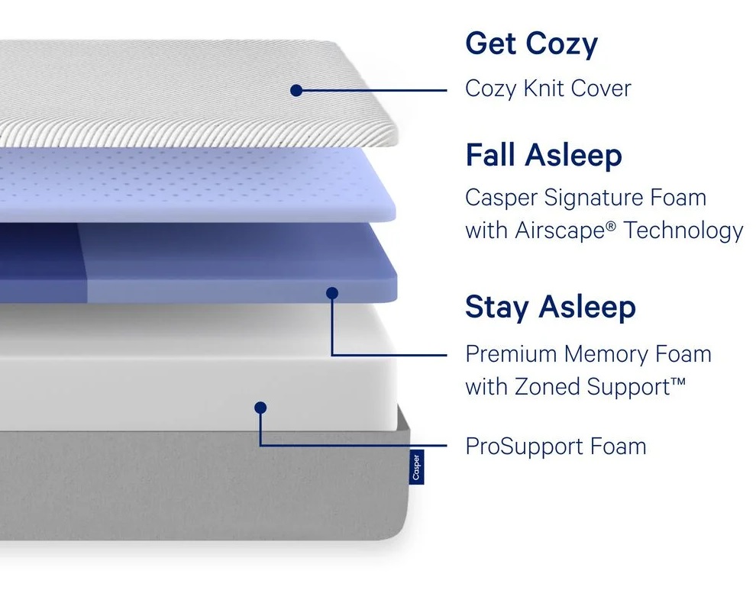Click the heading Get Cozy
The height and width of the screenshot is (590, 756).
point(531,44)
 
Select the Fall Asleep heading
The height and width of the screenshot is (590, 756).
point(543,156)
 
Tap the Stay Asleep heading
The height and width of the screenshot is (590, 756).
point(550,307)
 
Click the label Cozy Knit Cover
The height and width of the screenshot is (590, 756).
point(548,89)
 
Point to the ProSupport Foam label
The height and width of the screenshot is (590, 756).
point(555,446)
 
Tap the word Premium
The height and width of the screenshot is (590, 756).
point(511,354)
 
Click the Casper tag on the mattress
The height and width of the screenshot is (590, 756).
point(416,467)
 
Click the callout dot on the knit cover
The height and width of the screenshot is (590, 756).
point(296,90)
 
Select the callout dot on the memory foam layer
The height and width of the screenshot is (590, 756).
point(331,292)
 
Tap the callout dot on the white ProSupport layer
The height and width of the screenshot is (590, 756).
point(260,408)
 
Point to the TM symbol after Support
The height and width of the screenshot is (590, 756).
point(677,381)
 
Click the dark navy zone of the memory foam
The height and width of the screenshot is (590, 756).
point(38,260)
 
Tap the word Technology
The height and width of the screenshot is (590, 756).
point(683,230)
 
